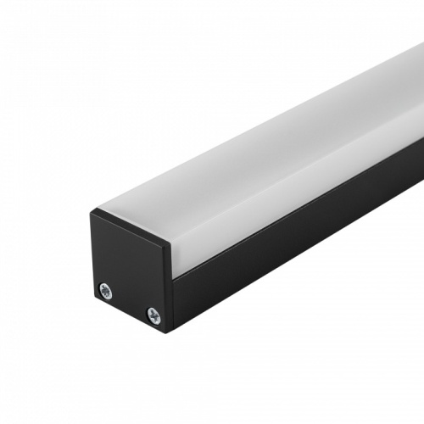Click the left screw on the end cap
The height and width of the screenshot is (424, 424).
104,289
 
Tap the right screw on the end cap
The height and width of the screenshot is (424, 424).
153,315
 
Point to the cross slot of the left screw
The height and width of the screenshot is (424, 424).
104,289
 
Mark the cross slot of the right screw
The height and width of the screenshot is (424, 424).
153,315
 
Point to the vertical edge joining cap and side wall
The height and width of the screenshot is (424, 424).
172,288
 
